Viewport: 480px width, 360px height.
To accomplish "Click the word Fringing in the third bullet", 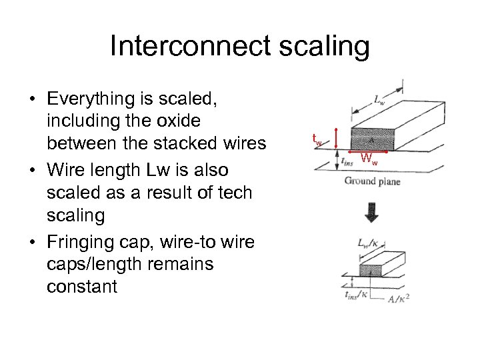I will click(85, 241).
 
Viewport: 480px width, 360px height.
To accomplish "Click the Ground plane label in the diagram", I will click(372, 181).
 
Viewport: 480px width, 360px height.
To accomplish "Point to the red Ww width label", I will click(369, 159).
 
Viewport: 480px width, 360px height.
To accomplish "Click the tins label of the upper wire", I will click(347, 161).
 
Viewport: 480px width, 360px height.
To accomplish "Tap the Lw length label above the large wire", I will click(378, 101).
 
